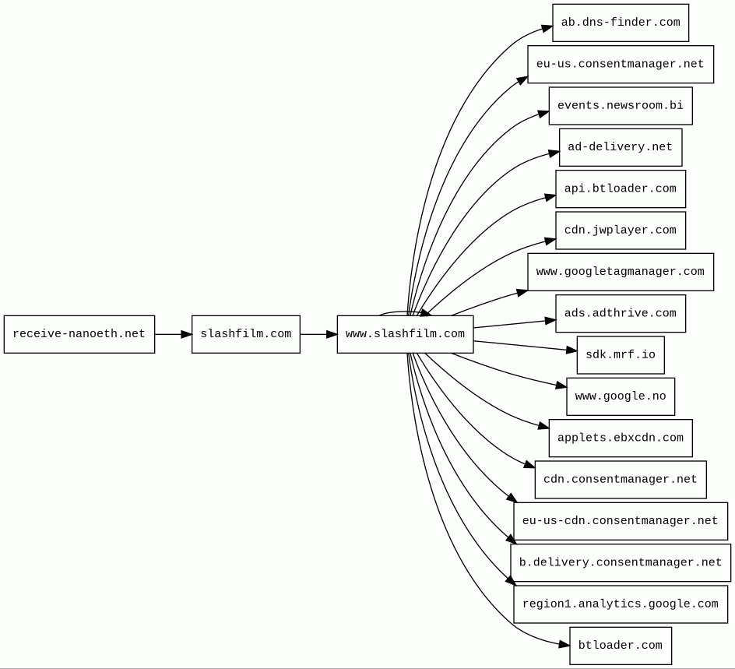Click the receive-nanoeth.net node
pyautogui.click(x=79, y=334)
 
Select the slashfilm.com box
pyautogui.click(x=245, y=334)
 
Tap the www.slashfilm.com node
pyautogui.click(x=405, y=334)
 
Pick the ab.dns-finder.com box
pyautogui.click(x=621, y=23)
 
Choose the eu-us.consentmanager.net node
pyautogui.click(x=621, y=64)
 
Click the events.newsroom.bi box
pyautogui.click(x=621, y=106)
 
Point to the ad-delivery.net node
pyautogui.click(x=621, y=147)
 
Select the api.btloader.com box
pyautogui.click(x=621, y=189)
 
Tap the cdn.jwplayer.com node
pyautogui.click(x=621, y=231)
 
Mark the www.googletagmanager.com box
pyautogui.click(x=621, y=272)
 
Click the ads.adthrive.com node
pyautogui.click(x=621, y=314)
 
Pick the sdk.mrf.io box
pyautogui.click(x=621, y=355)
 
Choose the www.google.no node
pyautogui.click(x=621, y=396)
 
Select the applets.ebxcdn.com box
pyautogui.click(x=621, y=438)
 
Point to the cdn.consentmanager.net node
pyautogui.click(x=621, y=480)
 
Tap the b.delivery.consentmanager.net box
pyautogui.click(x=621, y=562)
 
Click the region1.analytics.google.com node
pyautogui.click(x=621, y=604)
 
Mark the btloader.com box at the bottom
pyautogui.click(x=621, y=646)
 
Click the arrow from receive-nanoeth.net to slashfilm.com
pyautogui.click(x=174, y=334)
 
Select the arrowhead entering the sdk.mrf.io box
pyautogui.click(x=571, y=350)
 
